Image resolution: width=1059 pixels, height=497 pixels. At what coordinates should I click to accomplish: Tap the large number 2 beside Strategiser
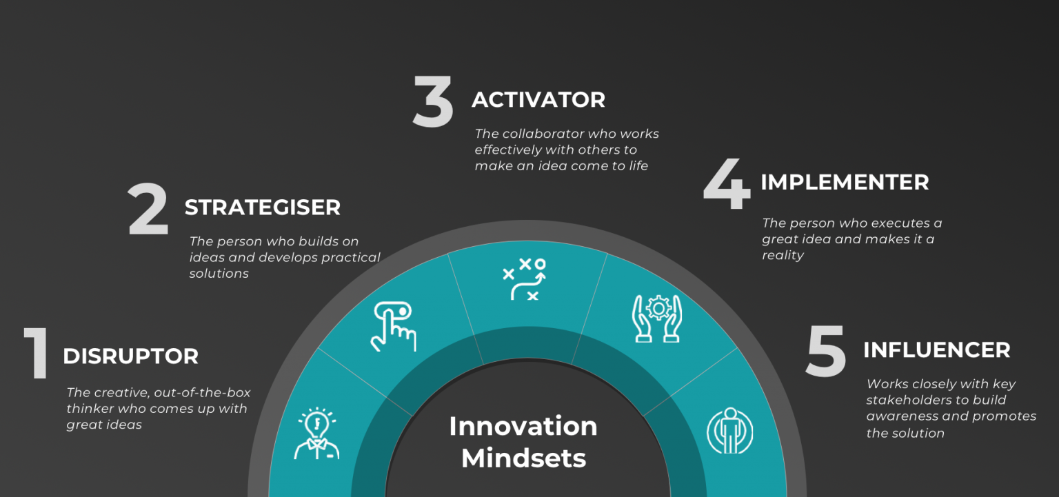pos(149,210)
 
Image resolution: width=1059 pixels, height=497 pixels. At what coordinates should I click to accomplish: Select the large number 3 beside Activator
pos(434,103)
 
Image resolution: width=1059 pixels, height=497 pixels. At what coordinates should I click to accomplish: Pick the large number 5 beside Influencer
pos(827,352)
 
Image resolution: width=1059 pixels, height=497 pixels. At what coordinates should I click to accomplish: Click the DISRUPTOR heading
pos(130,356)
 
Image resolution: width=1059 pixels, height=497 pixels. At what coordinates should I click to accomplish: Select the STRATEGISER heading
pos(262,207)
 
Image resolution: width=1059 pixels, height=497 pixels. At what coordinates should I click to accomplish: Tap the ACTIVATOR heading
pos(538,100)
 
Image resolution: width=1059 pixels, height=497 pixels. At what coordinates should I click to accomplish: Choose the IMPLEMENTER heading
pos(845,183)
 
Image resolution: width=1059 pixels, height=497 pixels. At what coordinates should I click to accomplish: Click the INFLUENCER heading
pos(936,350)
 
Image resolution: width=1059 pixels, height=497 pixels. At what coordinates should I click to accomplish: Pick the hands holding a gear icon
pos(656,318)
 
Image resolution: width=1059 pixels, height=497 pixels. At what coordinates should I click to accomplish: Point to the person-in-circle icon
pos(729,431)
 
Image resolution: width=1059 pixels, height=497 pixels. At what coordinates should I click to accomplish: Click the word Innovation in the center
pos(523,426)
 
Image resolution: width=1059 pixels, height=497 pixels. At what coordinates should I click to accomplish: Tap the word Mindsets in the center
pos(523,458)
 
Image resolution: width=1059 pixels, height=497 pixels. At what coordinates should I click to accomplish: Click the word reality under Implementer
pos(783,255)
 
